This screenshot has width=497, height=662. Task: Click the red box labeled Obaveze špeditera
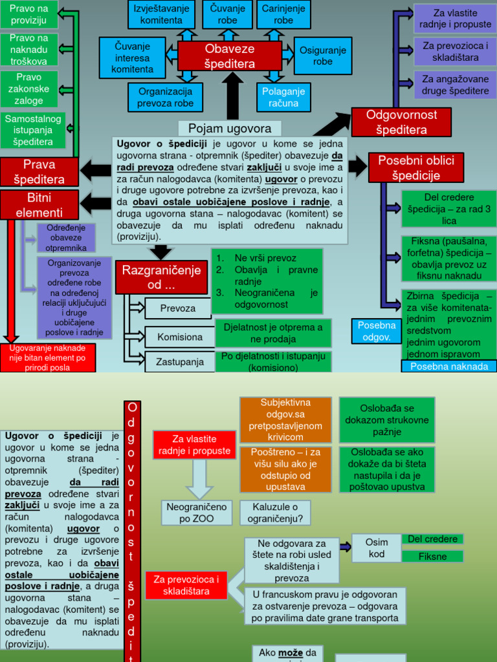(x=230, y=56)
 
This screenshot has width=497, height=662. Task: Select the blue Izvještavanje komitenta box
(x=161, y=14)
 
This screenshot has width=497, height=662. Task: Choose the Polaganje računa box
(x=283, y=97)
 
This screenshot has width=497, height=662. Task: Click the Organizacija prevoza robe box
(x=166, y=97)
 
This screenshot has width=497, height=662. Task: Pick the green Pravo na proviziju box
(x=29, y=14)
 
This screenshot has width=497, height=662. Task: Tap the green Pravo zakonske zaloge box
(x=29, y=89)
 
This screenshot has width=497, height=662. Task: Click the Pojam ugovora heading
(x=230, y=128)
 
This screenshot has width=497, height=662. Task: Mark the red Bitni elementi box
(x=39, y=205)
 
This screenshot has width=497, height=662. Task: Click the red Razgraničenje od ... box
(x=161, y=277)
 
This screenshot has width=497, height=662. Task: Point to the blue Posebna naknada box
(x=449, y=366)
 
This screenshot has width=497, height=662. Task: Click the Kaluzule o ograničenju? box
(x=275, y=513)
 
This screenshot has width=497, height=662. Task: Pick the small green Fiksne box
(x=432, y=556)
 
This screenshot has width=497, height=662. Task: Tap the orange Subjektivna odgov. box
(x=285, y=420)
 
